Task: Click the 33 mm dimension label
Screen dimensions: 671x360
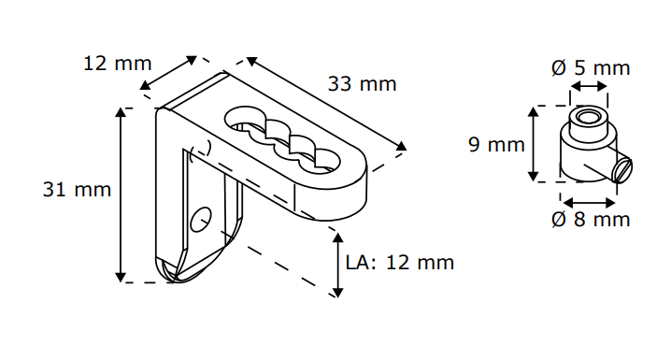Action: [362, 83]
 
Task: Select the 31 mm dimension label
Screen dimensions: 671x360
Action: [77, 189]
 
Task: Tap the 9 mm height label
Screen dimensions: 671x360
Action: [496, 144]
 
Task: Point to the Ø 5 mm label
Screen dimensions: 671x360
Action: [591, 67]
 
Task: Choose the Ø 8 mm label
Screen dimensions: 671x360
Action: [591, 219]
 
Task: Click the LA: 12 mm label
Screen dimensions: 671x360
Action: [400, 263]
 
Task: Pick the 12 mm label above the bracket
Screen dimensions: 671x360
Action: [117, 64]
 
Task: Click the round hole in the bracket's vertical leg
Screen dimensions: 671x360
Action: [201, 220]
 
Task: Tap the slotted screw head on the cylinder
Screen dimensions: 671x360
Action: [622, 170]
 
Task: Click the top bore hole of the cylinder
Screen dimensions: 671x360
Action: [589, 117]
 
